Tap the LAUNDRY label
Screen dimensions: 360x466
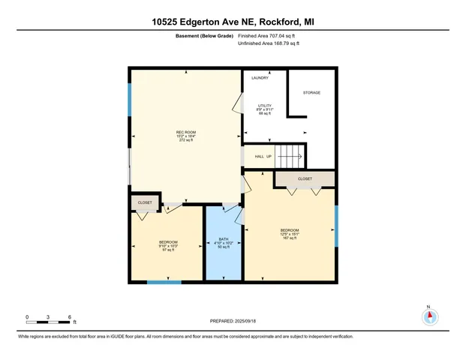coord(260,78)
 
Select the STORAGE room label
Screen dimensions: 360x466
coord(311,92)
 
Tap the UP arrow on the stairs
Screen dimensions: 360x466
coord(289,157)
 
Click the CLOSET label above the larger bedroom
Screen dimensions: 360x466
coord(305,179)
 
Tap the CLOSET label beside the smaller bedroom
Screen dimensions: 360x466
coord(144,202)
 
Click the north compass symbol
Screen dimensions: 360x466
coord(429,316)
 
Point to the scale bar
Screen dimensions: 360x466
coord(48,321)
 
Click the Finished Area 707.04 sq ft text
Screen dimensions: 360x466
coord(268,35)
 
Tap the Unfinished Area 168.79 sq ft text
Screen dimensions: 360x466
coord(268,43)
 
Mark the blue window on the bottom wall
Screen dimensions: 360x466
coord(164,282)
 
